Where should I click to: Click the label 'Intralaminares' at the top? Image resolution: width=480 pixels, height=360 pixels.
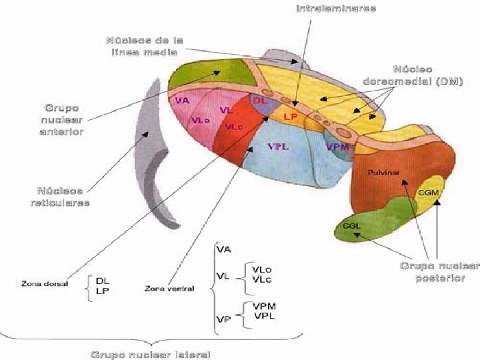[x=335, y=9]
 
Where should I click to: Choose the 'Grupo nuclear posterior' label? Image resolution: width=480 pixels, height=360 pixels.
[x=440, y=272]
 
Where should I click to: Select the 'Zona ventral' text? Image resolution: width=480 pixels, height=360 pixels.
[x=169, y=289]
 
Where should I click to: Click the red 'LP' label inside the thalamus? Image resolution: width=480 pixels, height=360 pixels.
[x=291, y=116]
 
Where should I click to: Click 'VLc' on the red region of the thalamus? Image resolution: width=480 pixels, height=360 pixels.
[x=234, y=127]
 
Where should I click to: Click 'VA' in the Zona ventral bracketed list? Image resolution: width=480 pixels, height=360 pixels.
[x=223, y=249]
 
